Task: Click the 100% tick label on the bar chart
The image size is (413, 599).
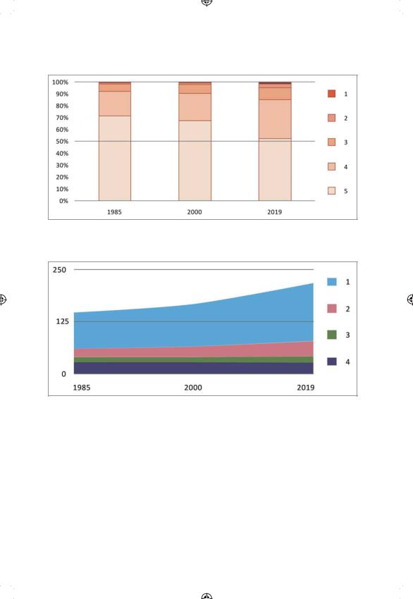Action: pyautogui.click(x=61, y=82)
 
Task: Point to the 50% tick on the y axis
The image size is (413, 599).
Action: pyautogui.click(x=62, y=142)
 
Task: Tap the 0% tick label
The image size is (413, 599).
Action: pyautogui.click(x=63, y=201)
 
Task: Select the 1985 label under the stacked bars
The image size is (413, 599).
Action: pyautogui.click(x=114, y=212)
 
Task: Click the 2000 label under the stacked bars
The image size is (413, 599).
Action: pyautogui.click(x=195, y=212)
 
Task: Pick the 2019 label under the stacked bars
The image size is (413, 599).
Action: pyautogui.click(x=274, y=212)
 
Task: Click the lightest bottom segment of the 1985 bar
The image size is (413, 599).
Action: pyautogui.click(x=115, y=158)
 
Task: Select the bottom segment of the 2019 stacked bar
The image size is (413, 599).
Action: pyautogui.click(x=275, y=170)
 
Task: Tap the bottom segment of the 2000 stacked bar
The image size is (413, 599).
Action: pyautogui.click(x=195, y=161)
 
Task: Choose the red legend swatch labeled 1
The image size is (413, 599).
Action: pyautogui.click(x=332, y=94)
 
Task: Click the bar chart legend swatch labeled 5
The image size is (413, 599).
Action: pyautogui.click(x=332, y=191)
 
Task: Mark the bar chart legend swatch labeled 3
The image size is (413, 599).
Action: pyautogui.click(x=332, y=142)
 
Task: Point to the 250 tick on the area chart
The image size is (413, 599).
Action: pyautogui.click(x=59, y=270)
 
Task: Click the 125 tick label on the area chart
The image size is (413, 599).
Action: pyautogui.click(x=62, y=321)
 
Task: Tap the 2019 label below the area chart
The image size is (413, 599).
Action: pyautogui.click(x=306, y=388)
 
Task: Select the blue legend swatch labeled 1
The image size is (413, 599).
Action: pyautogui.click(x=332, y=282)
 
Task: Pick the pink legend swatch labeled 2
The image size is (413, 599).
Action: pyautogui.click(x=332, y=309)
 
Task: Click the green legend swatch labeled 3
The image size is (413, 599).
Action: pyautogui.click(x=332, y=335)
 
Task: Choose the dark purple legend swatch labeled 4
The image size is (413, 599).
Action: pyautogui.click(x=332, y=362)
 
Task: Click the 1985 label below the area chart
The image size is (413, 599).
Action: pyautogui.click(x=82, y=388)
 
